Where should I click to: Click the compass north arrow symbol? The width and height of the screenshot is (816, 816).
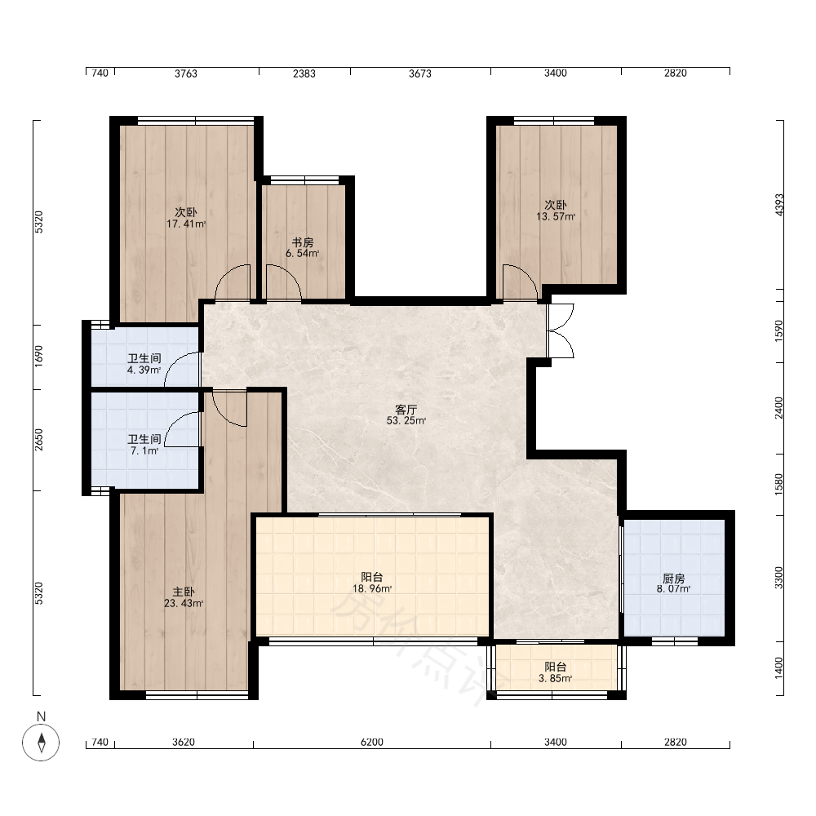41,742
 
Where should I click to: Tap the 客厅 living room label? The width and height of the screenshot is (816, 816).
406,410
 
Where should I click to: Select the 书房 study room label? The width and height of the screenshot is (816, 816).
303,242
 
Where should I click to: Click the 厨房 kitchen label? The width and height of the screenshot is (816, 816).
673,579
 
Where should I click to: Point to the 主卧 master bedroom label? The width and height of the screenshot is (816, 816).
184,592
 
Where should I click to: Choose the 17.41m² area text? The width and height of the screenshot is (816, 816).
186,224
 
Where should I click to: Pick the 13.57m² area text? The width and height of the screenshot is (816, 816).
556,216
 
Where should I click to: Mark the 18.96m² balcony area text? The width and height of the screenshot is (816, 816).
372,588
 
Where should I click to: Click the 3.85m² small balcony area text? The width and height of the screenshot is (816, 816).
556,678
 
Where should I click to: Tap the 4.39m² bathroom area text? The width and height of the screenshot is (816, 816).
144,370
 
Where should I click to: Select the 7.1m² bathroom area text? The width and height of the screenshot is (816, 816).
144,450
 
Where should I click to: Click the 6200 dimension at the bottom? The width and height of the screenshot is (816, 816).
371,742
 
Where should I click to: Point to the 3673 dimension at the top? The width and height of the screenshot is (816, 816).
420,73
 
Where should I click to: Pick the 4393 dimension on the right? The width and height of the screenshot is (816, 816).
779,205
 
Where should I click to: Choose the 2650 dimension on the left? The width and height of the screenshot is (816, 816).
39,440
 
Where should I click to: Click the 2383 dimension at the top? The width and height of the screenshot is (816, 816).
304,73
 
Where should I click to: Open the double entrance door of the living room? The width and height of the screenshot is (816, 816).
561,330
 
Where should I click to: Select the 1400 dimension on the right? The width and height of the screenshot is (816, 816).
779,667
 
